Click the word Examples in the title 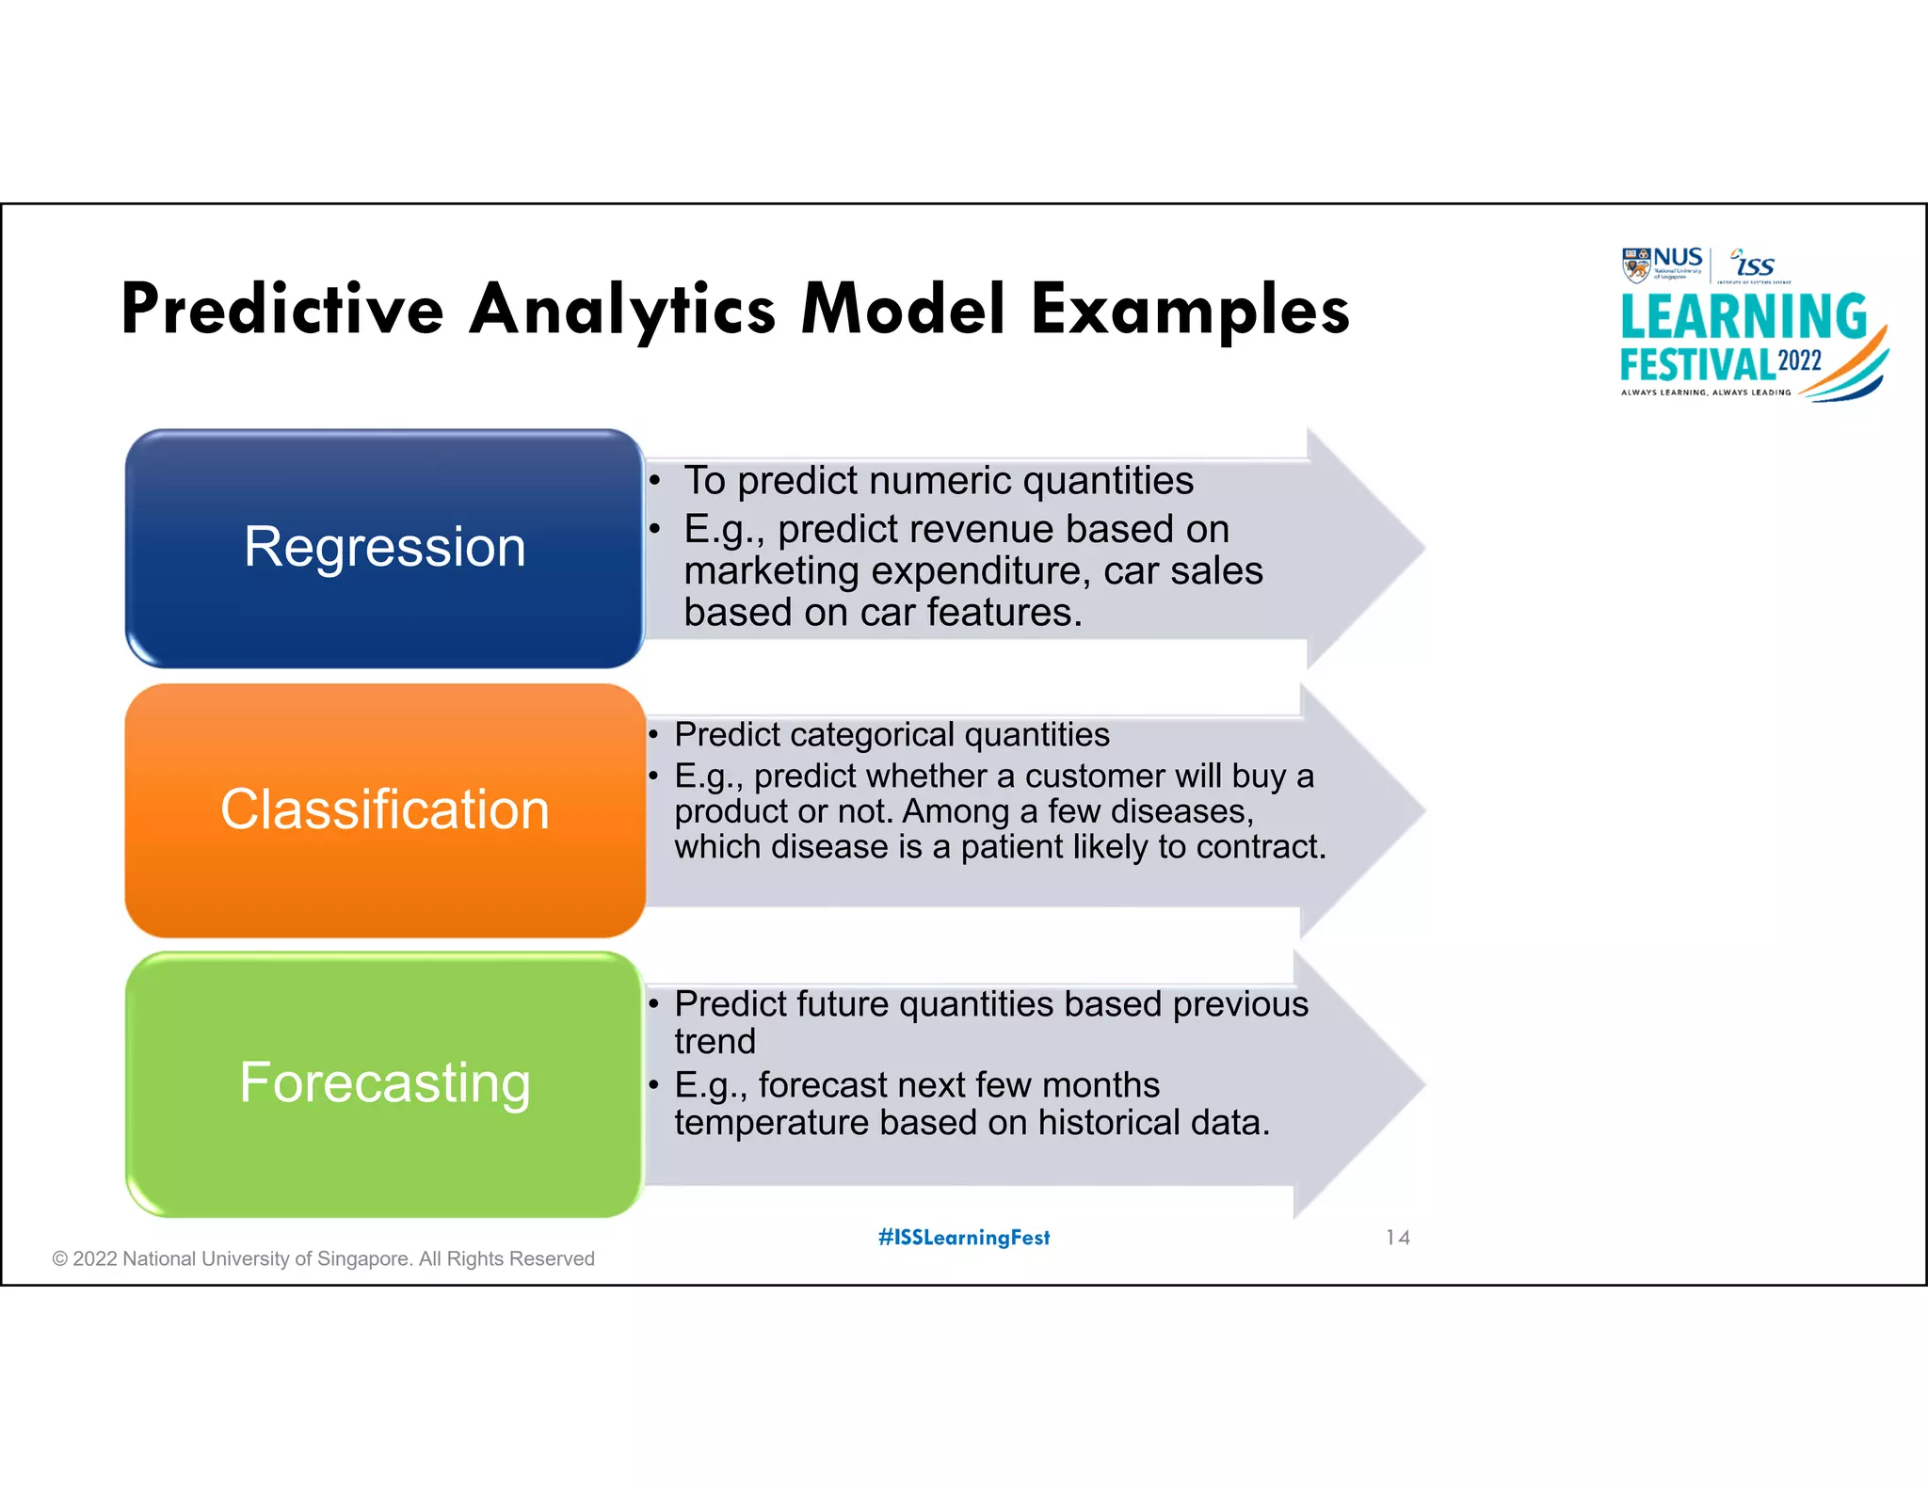click(x=1190, y=310)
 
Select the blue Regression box click(x=384, y=548)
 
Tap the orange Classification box click(x=384, y=809)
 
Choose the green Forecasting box click(x=384, y=1083)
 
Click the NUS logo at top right click(x=1663, y=264)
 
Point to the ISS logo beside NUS click(x=1754, y=264)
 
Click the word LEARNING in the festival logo click(x=1743, y=316)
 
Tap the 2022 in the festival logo click(x=1800, y=361)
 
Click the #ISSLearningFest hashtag click(x=964, y=1238)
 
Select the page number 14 click(x=1397, y=1238)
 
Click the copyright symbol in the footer click(x=60, y=1259)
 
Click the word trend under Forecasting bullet click(x=715, y=1042)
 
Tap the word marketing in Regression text click(x=771, y=571)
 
